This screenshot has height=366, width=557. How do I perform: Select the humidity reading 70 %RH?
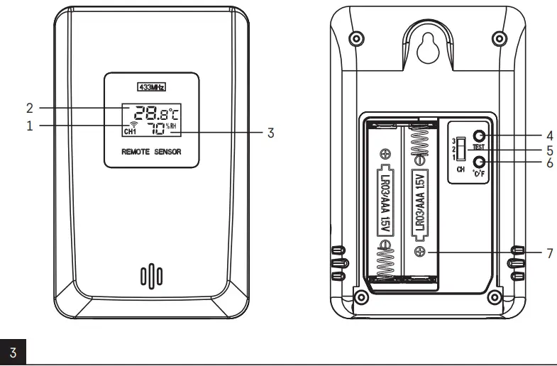coord(161,128)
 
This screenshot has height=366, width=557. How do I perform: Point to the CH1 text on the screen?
coord(129,132)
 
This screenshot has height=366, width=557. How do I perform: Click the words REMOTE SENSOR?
coord(151,152)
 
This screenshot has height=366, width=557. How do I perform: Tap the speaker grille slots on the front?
coord(151,275)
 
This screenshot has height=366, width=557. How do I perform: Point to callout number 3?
coord(270,132)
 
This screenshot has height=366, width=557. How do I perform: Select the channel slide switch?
coord(461,149)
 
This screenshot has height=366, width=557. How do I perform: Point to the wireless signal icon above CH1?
coord(129,124)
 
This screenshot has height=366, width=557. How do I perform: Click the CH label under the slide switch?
coord(460,170)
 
